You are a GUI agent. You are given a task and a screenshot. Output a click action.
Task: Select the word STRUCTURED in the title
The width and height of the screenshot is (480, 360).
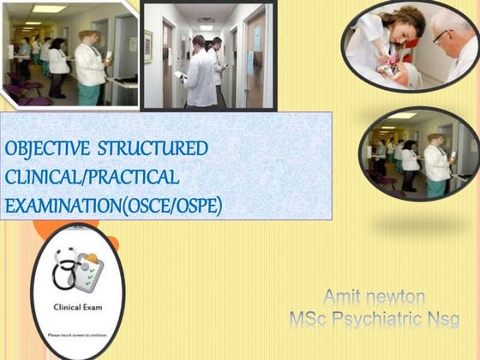[x=152, y=148]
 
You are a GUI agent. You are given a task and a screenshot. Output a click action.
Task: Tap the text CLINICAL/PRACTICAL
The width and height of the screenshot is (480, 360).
[x=92, y=177]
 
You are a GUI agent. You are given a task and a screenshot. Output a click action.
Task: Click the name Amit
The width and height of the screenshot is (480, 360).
[x=341, y=297]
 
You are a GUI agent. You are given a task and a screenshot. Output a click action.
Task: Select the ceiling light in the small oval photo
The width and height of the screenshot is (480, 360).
[x=401, y=116]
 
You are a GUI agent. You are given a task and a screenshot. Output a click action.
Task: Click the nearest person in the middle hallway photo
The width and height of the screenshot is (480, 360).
[x=200, y=75]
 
